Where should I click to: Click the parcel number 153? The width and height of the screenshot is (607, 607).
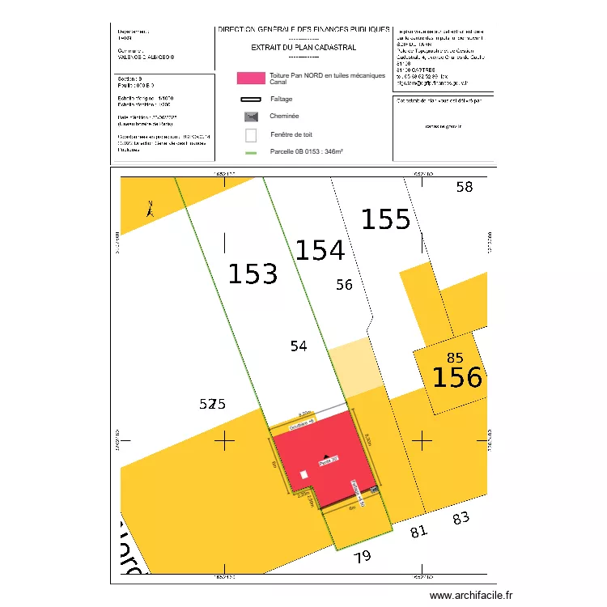(x=253, y=274)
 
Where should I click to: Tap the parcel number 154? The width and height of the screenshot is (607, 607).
(x=320, y=251)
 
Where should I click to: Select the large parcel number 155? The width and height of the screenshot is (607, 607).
(x=385, y=219)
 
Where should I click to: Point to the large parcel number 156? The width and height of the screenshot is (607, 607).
(x=456, y=377)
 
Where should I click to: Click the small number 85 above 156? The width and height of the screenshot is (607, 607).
(x=454, y=358)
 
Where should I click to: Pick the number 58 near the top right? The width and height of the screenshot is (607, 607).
(x=464, y=187)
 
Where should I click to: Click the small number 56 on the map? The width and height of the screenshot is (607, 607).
(x=344, y=284)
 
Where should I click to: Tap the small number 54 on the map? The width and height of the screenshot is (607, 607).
(x=299, y=346)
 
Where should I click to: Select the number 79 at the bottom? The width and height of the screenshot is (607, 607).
(x=363, y=556)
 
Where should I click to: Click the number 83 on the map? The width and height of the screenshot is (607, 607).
(x=461, y=519)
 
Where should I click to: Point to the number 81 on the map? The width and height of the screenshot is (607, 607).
(x=418, y=532)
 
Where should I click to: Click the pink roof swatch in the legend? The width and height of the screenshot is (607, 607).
(x=250, y=79)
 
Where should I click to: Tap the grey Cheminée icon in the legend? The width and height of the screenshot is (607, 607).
(x=250, y=117)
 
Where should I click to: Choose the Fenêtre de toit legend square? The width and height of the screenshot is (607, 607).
(x=250, y=135)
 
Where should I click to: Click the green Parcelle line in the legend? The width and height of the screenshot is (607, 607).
(x=250, y=152)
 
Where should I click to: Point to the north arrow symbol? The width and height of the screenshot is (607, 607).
(x=149, y=210)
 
